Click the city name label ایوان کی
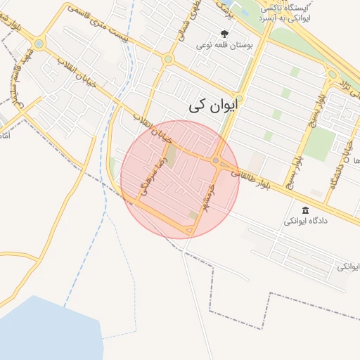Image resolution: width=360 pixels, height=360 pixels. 214,105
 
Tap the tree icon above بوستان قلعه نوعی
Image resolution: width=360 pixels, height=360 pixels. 225,33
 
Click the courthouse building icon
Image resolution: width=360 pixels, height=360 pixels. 305,210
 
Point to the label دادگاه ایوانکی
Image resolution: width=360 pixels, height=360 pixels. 305,221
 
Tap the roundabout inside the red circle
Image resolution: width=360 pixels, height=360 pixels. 215,161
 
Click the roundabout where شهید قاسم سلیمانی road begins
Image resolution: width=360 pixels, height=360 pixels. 39,44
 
